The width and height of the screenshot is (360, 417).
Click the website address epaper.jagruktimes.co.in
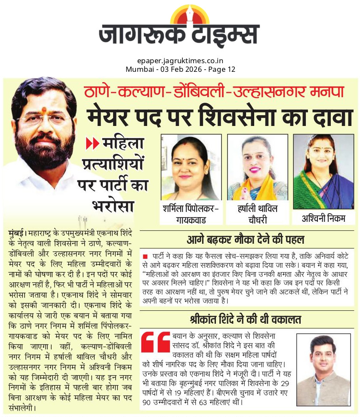pos(180,61)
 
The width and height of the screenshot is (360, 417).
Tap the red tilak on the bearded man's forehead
pos(43,111)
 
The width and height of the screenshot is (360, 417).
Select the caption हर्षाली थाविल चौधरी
pos(258,214)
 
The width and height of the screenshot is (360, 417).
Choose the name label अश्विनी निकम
pos(323,218)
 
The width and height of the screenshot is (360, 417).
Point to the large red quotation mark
pos(155,342)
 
